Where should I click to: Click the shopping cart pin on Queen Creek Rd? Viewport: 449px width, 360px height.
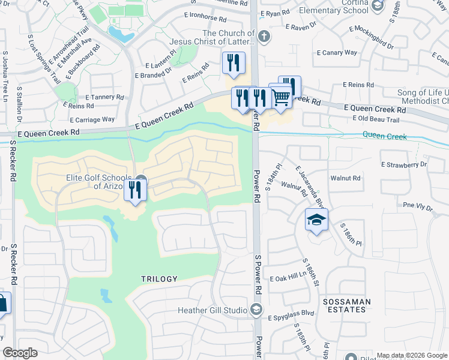tap(281, 97)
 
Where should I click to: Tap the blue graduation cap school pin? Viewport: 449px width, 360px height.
tap(316, 220)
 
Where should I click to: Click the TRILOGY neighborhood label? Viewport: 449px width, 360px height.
tap(159, 279)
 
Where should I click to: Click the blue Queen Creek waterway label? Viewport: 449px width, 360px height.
tap(384, 137)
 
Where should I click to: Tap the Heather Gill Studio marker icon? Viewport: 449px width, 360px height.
tap(256, 310)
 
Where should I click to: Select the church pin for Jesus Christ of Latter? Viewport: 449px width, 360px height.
tap(265, 37)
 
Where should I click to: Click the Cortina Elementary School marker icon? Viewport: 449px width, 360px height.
tap(377, 7)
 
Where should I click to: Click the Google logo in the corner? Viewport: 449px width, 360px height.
tap(20, 353)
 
